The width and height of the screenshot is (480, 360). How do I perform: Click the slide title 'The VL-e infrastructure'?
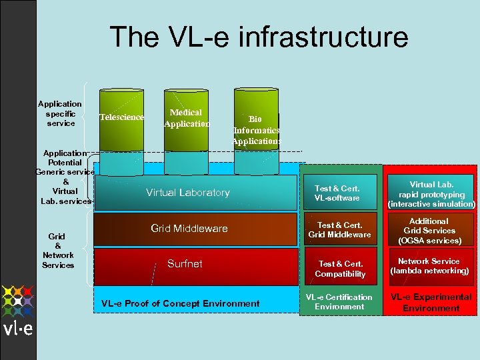259,37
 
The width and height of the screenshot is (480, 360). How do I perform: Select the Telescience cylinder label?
121,117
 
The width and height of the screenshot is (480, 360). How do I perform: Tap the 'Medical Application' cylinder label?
186,118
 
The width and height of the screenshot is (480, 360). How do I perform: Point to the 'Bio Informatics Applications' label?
256,130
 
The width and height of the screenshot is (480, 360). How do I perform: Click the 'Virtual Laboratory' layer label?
187,193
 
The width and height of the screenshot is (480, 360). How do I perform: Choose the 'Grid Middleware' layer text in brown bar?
189,229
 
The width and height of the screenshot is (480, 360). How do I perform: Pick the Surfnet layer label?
185,264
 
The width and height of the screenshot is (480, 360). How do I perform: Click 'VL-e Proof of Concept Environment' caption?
180,303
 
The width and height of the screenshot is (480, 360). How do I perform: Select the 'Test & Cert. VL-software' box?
337,193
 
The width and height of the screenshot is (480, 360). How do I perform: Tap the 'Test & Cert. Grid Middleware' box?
339,230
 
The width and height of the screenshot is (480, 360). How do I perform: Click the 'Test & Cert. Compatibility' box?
340,269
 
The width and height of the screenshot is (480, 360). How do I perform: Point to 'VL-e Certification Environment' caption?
339,302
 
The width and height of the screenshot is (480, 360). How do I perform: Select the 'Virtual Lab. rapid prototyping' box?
431,194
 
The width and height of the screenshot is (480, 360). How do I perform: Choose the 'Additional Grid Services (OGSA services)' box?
429,231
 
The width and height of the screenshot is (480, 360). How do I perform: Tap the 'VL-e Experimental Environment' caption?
431,302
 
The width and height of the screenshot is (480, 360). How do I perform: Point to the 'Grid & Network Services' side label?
58,251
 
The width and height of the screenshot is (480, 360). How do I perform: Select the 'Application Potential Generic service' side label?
65,177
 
